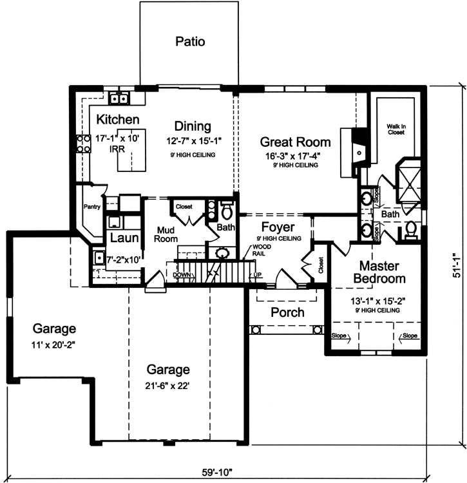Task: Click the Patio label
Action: coord(190,42)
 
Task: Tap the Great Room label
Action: coord(295,142)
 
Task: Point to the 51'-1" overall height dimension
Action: coord(457,265)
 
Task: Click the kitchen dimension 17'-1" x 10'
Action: coord(117,138)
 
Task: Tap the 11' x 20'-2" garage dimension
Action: coord(43,345)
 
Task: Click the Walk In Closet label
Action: coord(396,130)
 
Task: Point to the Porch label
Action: coord(287,312)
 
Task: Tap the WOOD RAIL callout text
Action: coord(262,249)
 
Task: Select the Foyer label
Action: coord(278,227)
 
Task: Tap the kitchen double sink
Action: coord(119,98)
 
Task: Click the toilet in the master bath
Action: coord(410,229)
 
